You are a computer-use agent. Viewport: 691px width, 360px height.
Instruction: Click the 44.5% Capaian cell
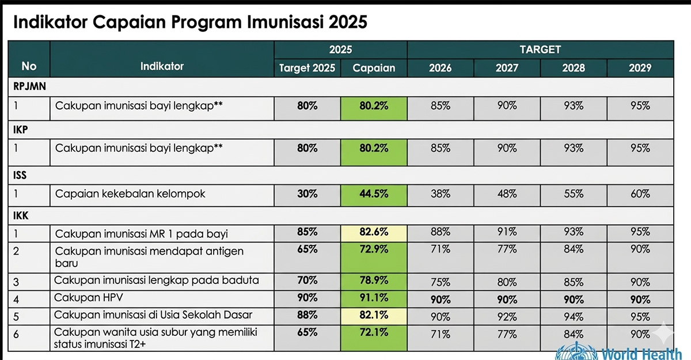click(x=374, y=194)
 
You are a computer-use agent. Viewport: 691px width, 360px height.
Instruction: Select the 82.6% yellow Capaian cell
click(x=374, y=233)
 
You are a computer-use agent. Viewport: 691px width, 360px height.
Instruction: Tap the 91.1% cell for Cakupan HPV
click(x=374, y=298)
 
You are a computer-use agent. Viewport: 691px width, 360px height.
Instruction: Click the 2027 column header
click(x=507, y=68)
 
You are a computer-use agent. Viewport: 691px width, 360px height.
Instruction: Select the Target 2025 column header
click(x=307, y=68)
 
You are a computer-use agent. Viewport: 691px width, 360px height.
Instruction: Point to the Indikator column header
click(x=162, y=66)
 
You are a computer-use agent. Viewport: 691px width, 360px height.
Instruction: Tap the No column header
click(x=29, y=66)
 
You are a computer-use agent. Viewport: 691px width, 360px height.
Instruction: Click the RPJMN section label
click(x=29, y=87)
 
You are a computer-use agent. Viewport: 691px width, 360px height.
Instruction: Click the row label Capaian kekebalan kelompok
click(x=130, y=194)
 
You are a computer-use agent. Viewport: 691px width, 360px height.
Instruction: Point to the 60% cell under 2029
click(x=640, y=194)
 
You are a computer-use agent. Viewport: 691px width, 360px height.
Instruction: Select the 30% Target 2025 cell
click(x=307, y=194)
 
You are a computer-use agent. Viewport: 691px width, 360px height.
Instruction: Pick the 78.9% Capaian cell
click(x=374, y=281)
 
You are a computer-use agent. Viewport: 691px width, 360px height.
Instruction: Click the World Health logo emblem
click(x=569, y=351)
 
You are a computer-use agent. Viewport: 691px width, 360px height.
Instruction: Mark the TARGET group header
click(x=540, y=50)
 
